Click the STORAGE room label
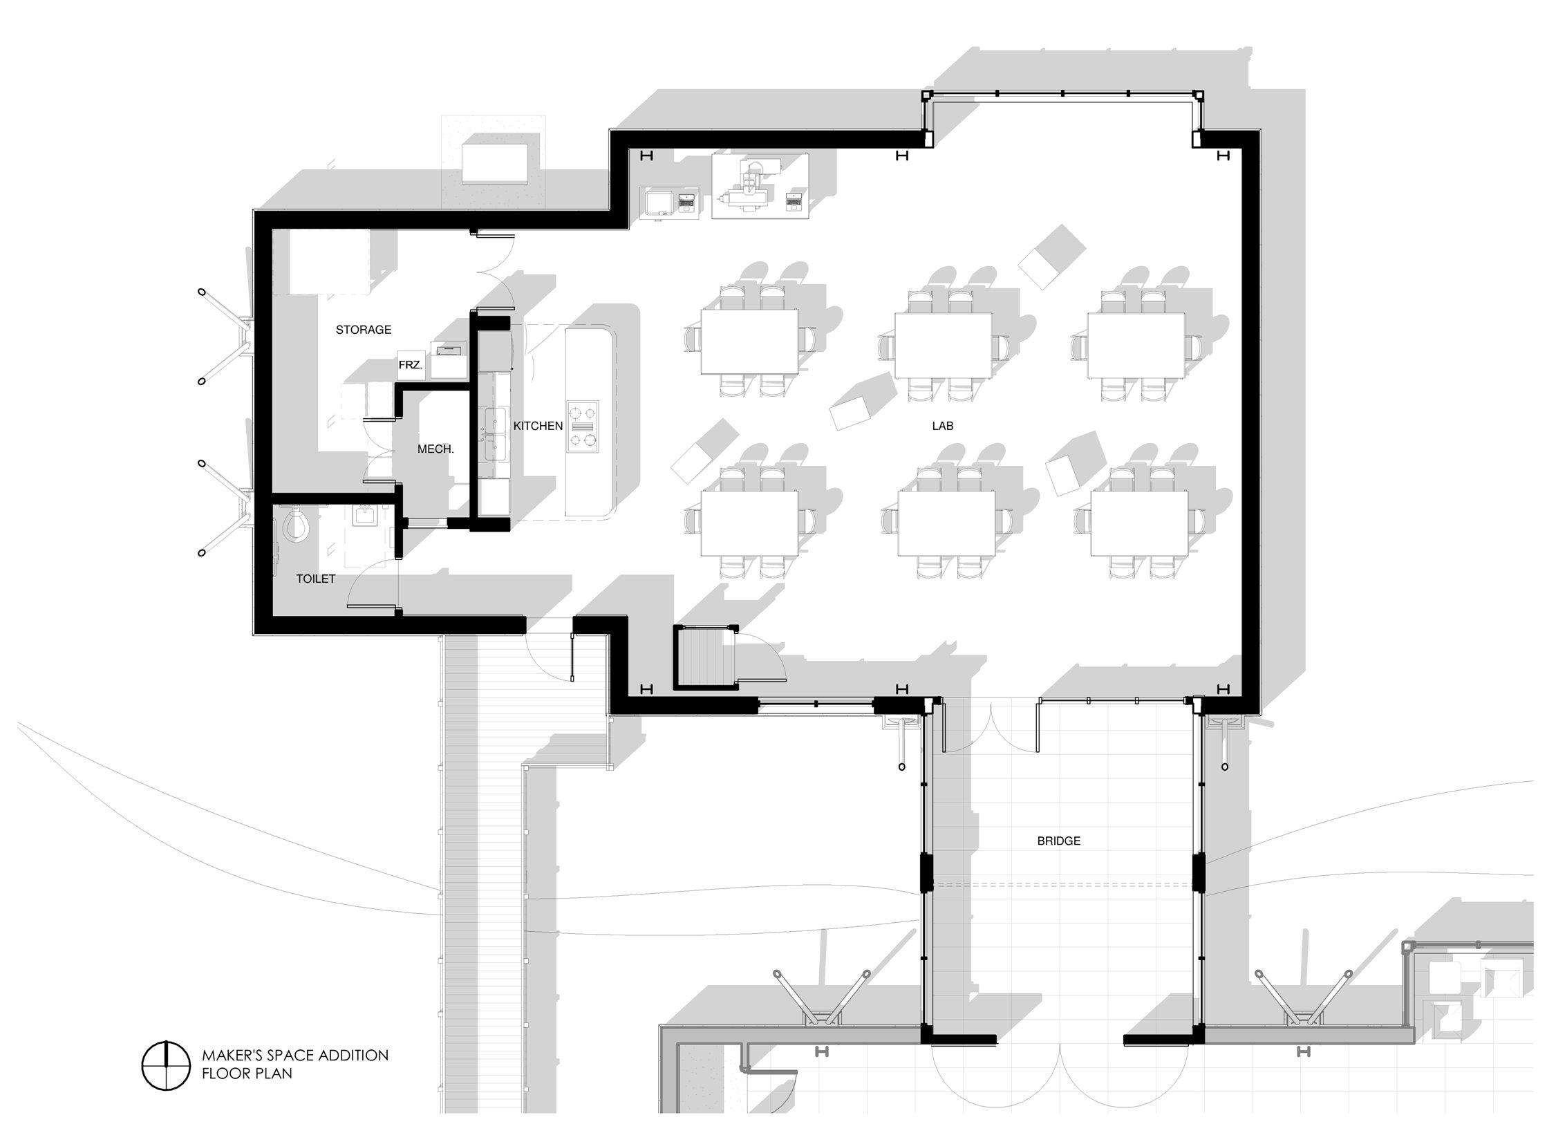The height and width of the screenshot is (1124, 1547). click(364, 330)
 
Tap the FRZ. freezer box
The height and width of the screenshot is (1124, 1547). click(411, 364)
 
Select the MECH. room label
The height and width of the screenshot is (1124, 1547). click(435, 449)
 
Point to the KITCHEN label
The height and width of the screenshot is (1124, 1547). click(538, 426)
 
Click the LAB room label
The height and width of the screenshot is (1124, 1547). click(942, 426)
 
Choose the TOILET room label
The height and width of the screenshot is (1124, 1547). click(316, 579)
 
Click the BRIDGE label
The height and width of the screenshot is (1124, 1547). click(1058, 841)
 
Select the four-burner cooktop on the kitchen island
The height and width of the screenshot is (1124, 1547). click(582, 427)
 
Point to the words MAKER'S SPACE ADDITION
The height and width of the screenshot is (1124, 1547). click(295, 1056)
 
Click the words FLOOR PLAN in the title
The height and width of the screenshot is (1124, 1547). click(247, 1074)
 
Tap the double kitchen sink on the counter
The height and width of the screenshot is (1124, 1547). click(496, 435)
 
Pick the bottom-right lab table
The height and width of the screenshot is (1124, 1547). click(1140, 523)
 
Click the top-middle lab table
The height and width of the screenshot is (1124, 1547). click(943, 345)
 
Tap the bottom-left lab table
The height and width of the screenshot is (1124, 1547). click(749, 523)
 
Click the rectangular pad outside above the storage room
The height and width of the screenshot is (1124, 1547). click(496, 163)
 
